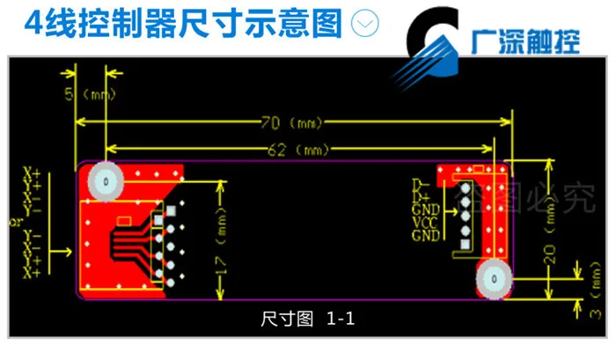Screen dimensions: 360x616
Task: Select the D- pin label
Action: coord(419,183)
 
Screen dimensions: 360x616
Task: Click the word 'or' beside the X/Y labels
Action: coord(14,223)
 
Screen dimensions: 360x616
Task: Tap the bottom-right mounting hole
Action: coord(494,279)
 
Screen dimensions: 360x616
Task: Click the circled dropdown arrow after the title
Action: coord(363,25)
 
